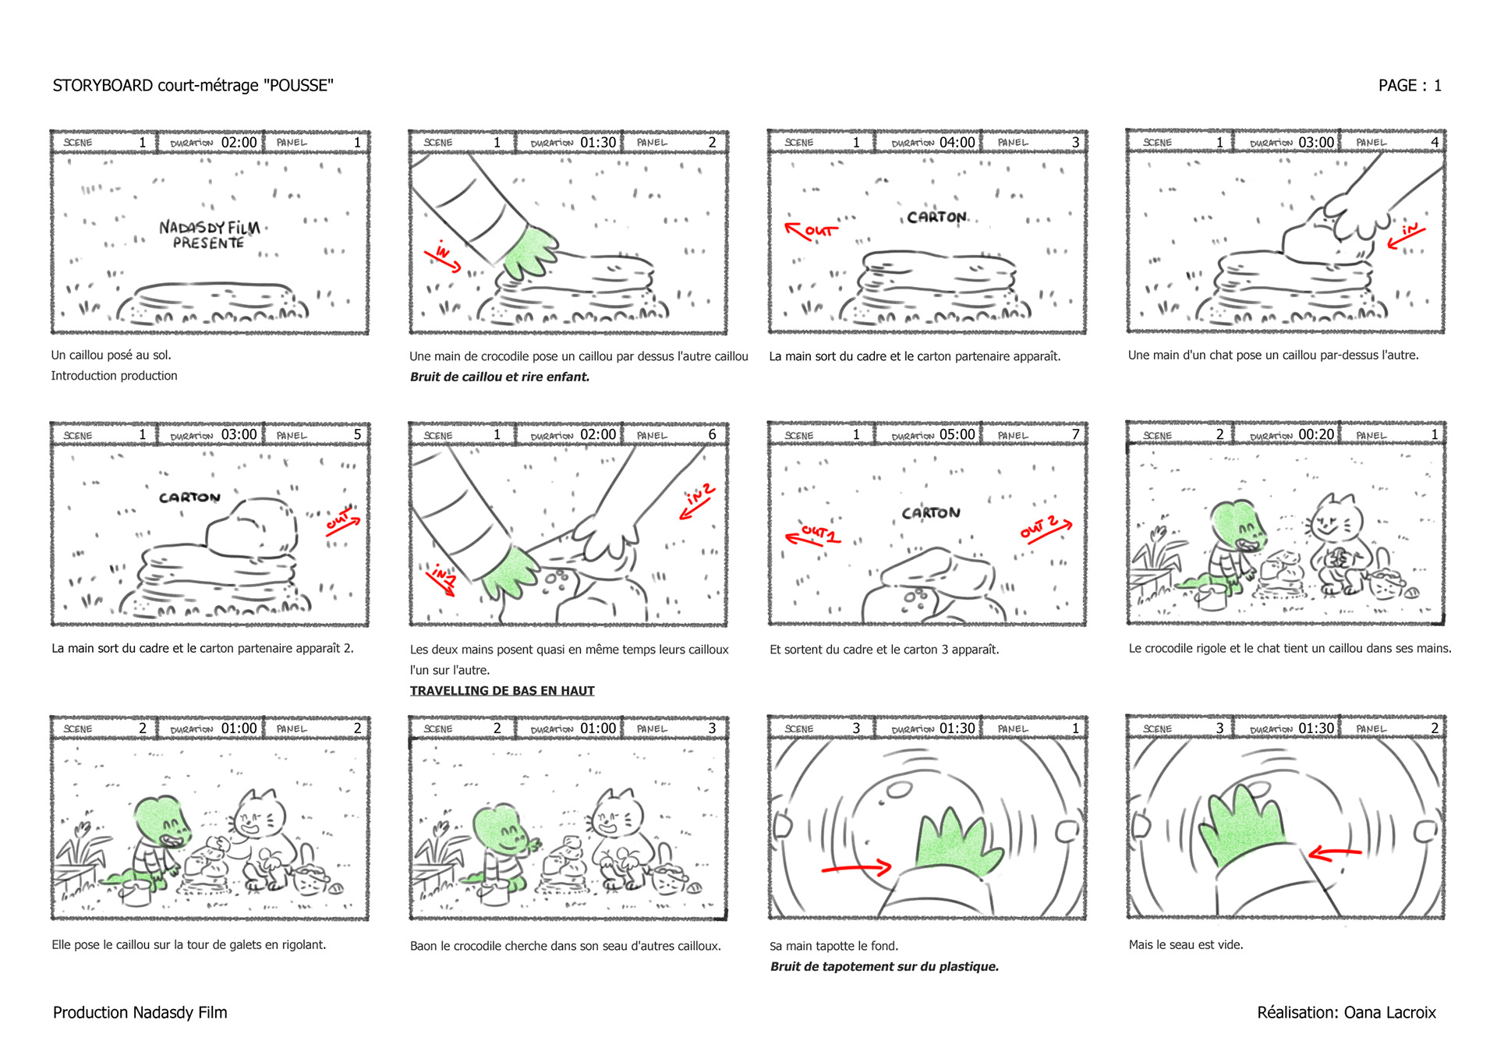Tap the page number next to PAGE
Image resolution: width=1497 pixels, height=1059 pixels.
(x=1437, y=86)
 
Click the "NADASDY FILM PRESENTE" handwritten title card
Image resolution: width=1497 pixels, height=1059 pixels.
(x=209, y=235)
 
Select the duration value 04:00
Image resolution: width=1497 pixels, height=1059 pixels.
(x=957, y=143)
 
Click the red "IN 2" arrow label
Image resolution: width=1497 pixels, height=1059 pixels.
(x=699, y=500)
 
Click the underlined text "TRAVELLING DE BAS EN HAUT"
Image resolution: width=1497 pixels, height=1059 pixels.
(x=502, y=691)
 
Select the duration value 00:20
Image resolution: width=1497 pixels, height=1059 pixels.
(x=1316, y=434)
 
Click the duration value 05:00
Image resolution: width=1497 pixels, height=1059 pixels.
(x=957, y=434)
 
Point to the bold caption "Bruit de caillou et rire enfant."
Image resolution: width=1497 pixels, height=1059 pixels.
(x=500, y=377)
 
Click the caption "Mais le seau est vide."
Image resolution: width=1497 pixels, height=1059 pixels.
(x=1186, y=944)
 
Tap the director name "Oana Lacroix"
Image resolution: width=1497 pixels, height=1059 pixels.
(x=1389, y=1012)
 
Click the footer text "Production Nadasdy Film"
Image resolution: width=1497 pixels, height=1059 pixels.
(x=140, y=1012)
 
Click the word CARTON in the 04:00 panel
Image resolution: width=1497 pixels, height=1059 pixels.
(x=936, y=218)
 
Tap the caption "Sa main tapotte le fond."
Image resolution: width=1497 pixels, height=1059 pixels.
(x=833, y=946)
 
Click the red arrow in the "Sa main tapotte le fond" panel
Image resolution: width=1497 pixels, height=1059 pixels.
(x=856, y=867)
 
